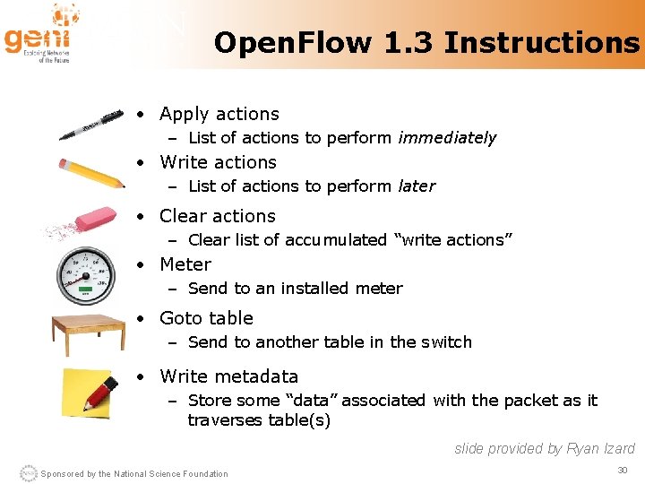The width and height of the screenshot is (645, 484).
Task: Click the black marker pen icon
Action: (90, 125)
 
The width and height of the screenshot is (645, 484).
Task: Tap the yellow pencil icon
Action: (90, 173)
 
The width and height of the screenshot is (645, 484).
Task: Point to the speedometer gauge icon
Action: (87, 274)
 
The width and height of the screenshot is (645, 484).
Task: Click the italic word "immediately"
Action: (447, 138)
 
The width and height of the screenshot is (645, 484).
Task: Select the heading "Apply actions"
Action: (219, 114)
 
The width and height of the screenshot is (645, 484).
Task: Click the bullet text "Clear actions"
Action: (217, 216)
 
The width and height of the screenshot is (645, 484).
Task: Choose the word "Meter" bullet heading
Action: (185, 264)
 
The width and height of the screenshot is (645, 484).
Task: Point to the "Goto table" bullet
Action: (206, 318)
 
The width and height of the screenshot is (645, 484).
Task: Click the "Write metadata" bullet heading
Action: (228, 376)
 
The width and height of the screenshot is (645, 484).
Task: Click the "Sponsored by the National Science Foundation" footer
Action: (134, 473)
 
